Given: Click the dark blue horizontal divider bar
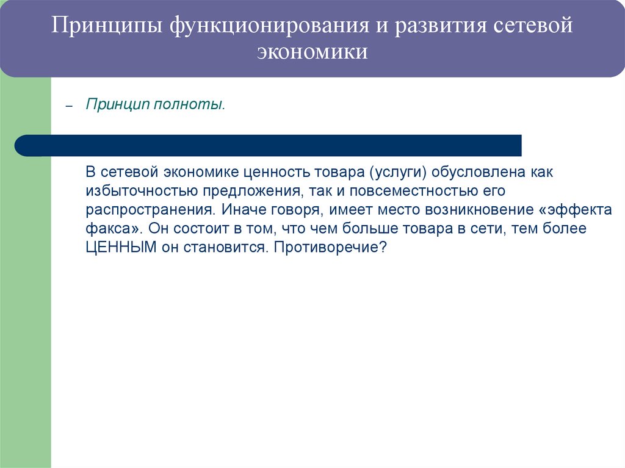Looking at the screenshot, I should tap(269, 145).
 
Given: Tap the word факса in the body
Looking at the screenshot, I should tap(110, 229).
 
